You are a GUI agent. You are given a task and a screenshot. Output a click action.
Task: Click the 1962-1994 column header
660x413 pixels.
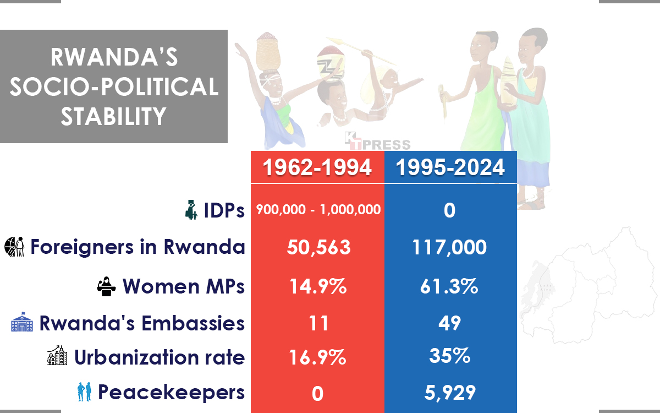(x=317, y=167)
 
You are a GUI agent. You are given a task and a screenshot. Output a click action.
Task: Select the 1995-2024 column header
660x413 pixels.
(x=450, y=167)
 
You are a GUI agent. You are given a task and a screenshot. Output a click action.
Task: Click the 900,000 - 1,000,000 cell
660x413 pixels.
(x=318, y=210)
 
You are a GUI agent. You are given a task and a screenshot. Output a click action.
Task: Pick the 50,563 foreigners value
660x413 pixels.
(x=318, y=247)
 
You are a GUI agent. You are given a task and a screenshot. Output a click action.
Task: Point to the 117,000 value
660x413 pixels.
(x=449, y=247)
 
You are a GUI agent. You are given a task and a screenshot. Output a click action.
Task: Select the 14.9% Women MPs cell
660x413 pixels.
(x=318, y=286)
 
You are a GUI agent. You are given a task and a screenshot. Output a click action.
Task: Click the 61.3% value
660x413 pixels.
(x=449, y=286)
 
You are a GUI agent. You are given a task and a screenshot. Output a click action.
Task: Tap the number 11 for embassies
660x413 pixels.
(x=318, y=323)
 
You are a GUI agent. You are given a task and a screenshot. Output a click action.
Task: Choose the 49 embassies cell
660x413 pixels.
(x=449, y=323)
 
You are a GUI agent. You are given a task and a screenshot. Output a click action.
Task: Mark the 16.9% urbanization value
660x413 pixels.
(x=318, y=358)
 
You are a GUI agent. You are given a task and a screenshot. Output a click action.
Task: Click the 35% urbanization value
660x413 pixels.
(x=449, y=356)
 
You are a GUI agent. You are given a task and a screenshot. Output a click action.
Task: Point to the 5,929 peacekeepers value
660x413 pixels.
(x=449, y=393)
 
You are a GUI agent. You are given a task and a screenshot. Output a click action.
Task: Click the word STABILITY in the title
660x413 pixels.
(x=114, y=116)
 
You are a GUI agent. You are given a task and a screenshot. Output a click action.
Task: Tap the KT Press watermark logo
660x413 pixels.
(x=377, y=142)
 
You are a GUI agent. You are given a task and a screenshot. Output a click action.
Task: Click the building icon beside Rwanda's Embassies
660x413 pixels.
(x=22, y=322)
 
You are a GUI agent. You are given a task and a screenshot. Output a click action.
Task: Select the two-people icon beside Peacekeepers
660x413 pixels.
(x=84, y=393)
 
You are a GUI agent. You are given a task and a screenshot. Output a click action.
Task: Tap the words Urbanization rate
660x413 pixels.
(x=159, y=357)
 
